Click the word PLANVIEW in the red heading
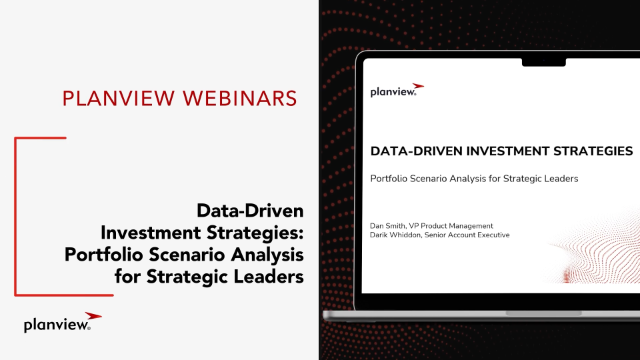[119, 98]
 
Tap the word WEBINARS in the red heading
[240, 98]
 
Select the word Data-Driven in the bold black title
[250, 211]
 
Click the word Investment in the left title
[151, 233]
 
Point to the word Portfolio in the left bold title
[104, 255]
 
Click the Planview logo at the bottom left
[62, 322]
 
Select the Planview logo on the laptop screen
[397, 90]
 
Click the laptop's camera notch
[544, 62]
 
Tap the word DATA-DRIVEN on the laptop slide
[416, 151]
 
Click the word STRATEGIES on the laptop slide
[593, 151]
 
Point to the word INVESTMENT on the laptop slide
[508, 151]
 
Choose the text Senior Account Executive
[467, 235]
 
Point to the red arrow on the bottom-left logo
[93, 316]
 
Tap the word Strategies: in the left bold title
[255, 233]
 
